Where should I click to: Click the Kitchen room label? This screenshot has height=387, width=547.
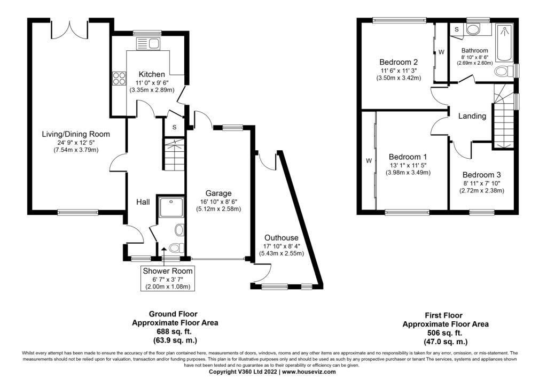click(x=152, y=74)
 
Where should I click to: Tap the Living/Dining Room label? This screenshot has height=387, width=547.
click(x=76, y=134)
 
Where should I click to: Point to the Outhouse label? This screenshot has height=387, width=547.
click(x=280, y=238)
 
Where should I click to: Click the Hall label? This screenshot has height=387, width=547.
click(x=143, y=202)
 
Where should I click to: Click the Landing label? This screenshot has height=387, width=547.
click(x=472, y=116)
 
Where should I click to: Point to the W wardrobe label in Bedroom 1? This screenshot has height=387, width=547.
click(x=369, y=160)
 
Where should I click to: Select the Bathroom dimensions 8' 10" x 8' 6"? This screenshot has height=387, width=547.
click(x=475, y=57)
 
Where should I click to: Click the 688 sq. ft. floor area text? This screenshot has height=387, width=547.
click(x=175, y=332)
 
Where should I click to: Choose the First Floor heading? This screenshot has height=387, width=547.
click(x=443, y=316)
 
